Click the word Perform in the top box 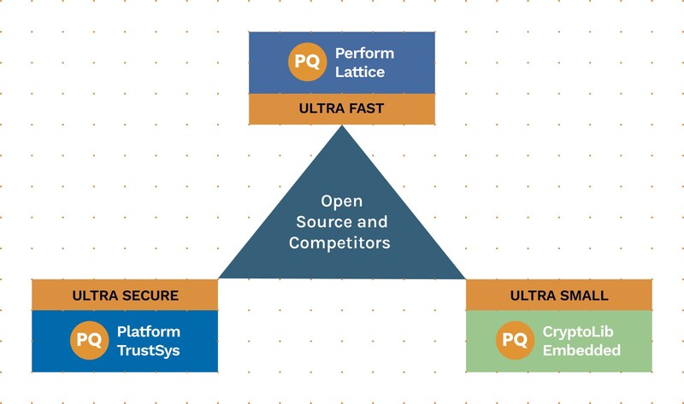point(364,54)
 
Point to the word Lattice point(360,73)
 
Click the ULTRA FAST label point(341,109)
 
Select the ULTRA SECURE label point(125,296)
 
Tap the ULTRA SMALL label point(559,296)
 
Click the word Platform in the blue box point(149,331)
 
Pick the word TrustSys point(149,350)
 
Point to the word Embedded point(581,350)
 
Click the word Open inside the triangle point(342,202)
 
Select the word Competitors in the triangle point(339,243)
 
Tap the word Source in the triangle point(323,222)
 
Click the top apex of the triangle point(342,128)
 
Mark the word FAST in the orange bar point(367,109)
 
